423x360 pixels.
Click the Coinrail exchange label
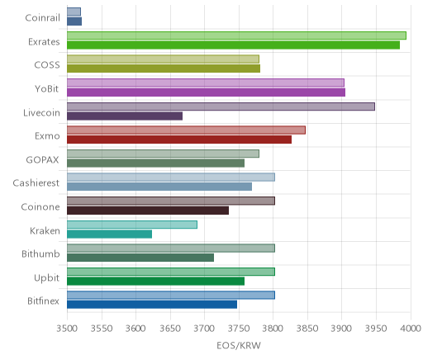point(42,18)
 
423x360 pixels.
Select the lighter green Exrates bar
point(236,36)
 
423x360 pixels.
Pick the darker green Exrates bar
point(233,45)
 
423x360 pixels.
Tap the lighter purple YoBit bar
point(206,83)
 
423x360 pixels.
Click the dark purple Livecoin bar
point(125,116)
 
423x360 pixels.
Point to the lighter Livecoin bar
point(221,107)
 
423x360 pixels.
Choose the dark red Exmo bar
point(179,140)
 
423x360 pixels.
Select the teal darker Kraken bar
point(109,234)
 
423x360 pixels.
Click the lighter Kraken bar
point(132,225)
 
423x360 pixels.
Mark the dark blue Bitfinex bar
point(152,305)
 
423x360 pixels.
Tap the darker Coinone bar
point(148,211)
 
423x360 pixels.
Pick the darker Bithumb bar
point(140,258)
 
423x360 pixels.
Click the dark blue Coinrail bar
point(74,21)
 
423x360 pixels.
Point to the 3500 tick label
point(67,329)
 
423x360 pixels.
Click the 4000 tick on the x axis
point(411,329)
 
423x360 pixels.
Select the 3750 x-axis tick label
point(239,329)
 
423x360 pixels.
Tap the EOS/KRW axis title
point(239,346)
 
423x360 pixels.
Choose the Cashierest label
point(36,183)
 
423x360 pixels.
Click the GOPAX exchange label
point(42,160)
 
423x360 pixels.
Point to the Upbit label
point(46,278)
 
